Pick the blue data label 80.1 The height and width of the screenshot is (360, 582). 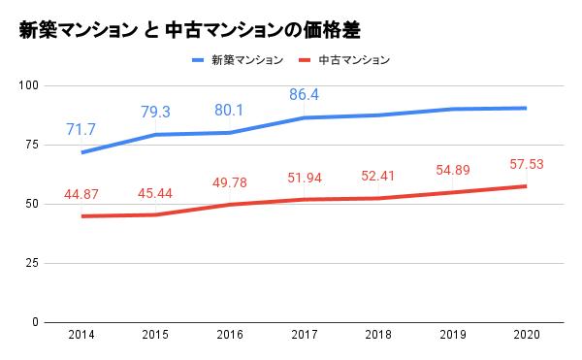coord(230,109)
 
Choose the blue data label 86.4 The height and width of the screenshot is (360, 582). coord(304,94)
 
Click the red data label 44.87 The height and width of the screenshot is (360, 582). coord(81,196)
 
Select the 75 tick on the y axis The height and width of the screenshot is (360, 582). coord(30,145)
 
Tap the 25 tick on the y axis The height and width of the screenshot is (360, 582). coord(30,263)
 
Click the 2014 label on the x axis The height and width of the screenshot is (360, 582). coord(81,335)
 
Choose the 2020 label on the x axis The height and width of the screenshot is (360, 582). coord(526,335)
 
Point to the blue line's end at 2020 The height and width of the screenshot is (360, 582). coord(526,108)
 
